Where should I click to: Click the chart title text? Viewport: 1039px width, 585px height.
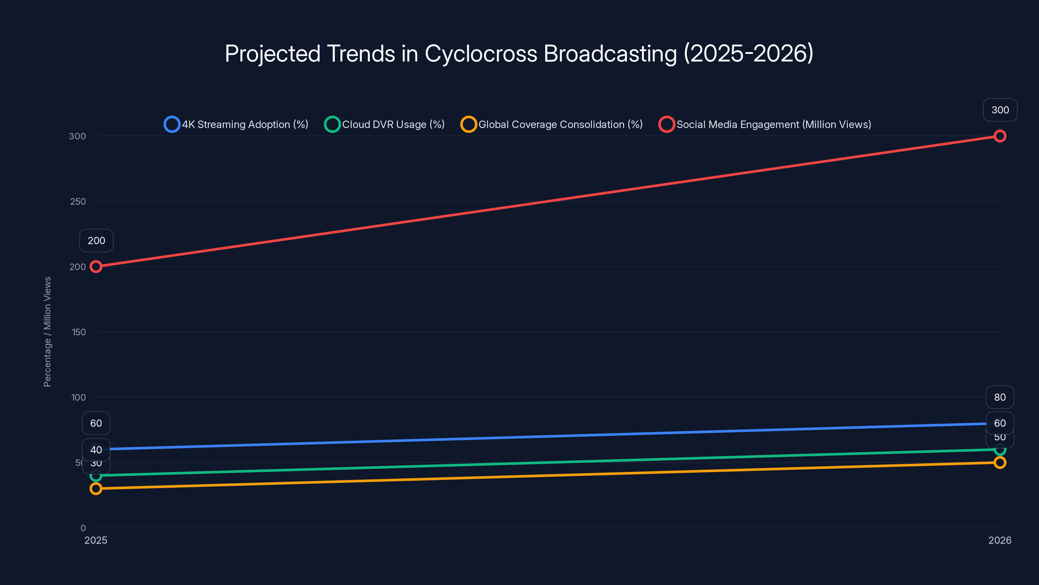coord(519,53)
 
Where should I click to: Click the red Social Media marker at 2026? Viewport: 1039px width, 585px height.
coord(999,136)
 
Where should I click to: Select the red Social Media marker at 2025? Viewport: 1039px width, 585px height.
coord(96,266)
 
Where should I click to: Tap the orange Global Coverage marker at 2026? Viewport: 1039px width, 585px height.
coord(999,462)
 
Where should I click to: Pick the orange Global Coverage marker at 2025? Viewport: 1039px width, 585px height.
coord(96,488)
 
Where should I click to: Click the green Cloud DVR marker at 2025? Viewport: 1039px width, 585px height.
coord(96,475)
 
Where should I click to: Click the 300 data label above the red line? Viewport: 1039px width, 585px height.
coord(1000,110)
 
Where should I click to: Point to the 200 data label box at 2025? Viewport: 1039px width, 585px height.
coord(96,240)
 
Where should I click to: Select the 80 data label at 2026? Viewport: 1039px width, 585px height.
coord(999,397)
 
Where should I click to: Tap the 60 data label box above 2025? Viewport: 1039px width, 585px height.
coord(96,423)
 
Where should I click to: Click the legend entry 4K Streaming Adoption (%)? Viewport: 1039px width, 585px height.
coord(236,124)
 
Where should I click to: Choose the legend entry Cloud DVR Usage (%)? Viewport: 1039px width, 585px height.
coord(385,124)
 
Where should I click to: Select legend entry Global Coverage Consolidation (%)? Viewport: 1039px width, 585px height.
coord(552,124)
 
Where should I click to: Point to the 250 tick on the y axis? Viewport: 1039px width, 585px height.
coord(78,201)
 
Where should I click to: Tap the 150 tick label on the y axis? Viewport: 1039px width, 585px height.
coord(79,332)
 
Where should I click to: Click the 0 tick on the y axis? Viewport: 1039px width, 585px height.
coord(83,528)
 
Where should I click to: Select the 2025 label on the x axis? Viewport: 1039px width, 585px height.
coord(96,540)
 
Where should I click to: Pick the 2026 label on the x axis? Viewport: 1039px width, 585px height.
coord(999,540)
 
